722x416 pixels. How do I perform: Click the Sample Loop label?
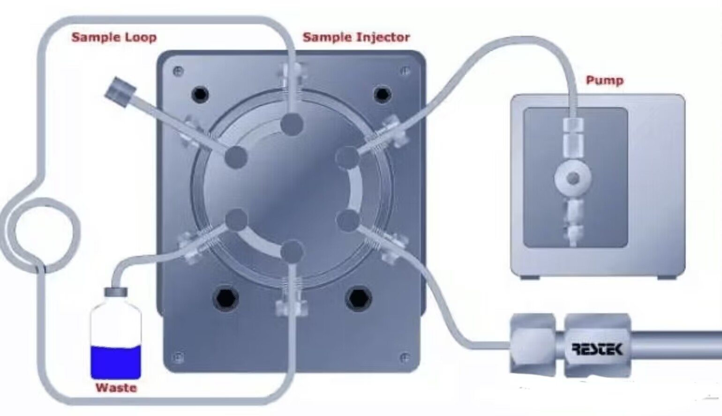(x=114, y=37)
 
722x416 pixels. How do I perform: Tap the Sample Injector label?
(x=356, y=37)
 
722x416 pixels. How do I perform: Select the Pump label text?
(x=605, y=81)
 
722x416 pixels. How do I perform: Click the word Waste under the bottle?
(x=116, y=387)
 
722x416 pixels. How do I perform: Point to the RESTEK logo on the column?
(x=597, y=349)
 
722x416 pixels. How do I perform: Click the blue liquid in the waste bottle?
(x=116, y=362)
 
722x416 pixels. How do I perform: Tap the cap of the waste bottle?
(x=116, y=292)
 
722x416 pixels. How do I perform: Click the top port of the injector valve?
(x=292, y=124)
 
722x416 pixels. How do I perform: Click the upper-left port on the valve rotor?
(x=236, y=157)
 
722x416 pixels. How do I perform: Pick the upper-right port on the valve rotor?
(x=347, y=157)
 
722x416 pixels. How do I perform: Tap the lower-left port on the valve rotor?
(x=236, y=220)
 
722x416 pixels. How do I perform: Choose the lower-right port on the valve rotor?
(x=347, y=220)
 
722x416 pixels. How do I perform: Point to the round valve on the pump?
(x=573, y=178)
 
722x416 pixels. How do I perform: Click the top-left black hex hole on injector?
(x=200, y=94)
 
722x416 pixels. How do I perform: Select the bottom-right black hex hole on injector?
(x=359, y=298)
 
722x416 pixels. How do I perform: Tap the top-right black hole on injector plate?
(x=382, y=94)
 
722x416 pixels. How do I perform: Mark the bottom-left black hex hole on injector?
(x=226, y=298)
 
